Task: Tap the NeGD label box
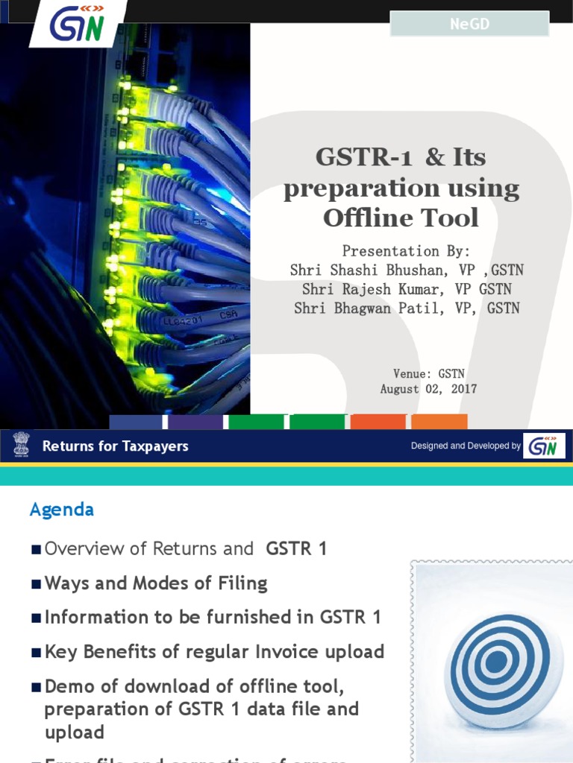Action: coord(469,24)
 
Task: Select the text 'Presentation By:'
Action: coord(406,251)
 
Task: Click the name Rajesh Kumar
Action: coord(383,289)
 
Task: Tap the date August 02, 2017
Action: coord(428,389)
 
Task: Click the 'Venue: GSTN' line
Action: coord(428,373)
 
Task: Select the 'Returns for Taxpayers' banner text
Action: coord(115,446)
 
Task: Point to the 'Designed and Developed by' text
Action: coord(466,446)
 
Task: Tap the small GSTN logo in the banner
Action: coord(543,446)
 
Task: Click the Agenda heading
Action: coord(61,510)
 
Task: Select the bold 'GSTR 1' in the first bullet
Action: coord(296,549)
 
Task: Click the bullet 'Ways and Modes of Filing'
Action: coord(155,583)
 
